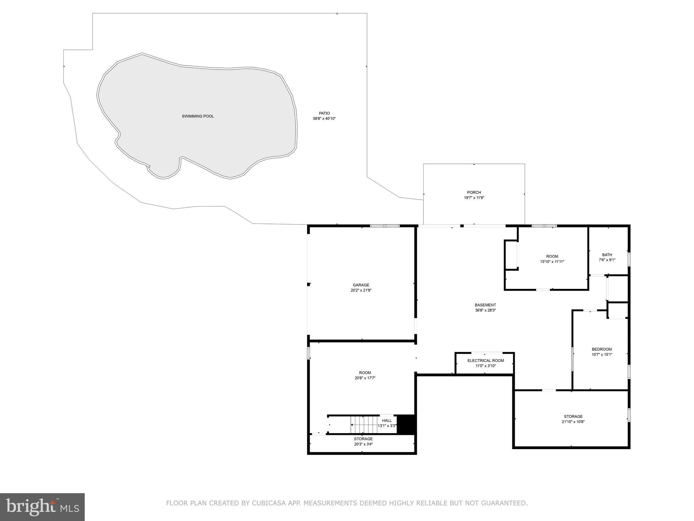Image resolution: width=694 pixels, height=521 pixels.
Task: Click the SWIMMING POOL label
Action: [x=198, y=116]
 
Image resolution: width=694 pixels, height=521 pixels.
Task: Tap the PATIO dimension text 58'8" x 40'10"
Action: [x=324, y=119]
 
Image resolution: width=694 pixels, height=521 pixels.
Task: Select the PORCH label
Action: [x=474, y=192]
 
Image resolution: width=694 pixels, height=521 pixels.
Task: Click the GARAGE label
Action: [x=361, y=285]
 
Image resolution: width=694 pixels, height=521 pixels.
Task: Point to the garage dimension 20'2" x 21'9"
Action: [x=361, y=290]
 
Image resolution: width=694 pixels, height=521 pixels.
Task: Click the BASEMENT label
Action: [x=485, y=305]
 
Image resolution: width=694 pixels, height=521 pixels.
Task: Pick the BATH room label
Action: [x=607, y=255]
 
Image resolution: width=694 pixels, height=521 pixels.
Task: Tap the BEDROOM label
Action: [x=601, y=349]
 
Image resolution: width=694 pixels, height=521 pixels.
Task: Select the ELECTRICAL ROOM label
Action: [x=486, y=361]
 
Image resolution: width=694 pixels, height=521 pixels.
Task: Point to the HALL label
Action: [x=387, y=421]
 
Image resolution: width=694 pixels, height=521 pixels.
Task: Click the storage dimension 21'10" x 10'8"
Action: [x=573, y=422]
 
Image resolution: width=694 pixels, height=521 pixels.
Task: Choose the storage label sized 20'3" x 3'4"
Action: [x=363, y=439]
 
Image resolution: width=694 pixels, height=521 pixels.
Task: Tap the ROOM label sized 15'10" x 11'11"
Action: [x=552, y=256]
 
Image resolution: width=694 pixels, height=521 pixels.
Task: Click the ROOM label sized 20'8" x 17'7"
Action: [x=365, y=373]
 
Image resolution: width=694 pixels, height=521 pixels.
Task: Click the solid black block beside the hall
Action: [x=406, y=424]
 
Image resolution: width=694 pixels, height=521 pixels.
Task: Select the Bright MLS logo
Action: [x=42, y=507]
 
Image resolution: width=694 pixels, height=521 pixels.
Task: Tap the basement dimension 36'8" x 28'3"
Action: [x=485, y=310]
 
